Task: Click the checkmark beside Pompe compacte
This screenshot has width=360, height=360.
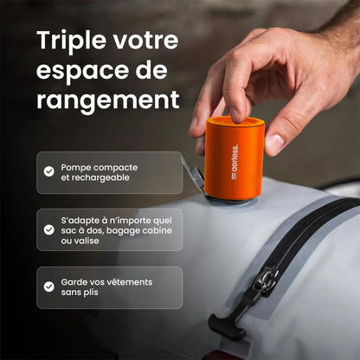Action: (49, 171)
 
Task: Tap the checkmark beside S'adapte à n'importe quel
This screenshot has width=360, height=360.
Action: (49, 229)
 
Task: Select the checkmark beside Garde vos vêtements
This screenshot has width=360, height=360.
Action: (49, 287)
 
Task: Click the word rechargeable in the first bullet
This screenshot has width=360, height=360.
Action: (107, 177)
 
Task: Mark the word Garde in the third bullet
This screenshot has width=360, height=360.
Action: (74, 281)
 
